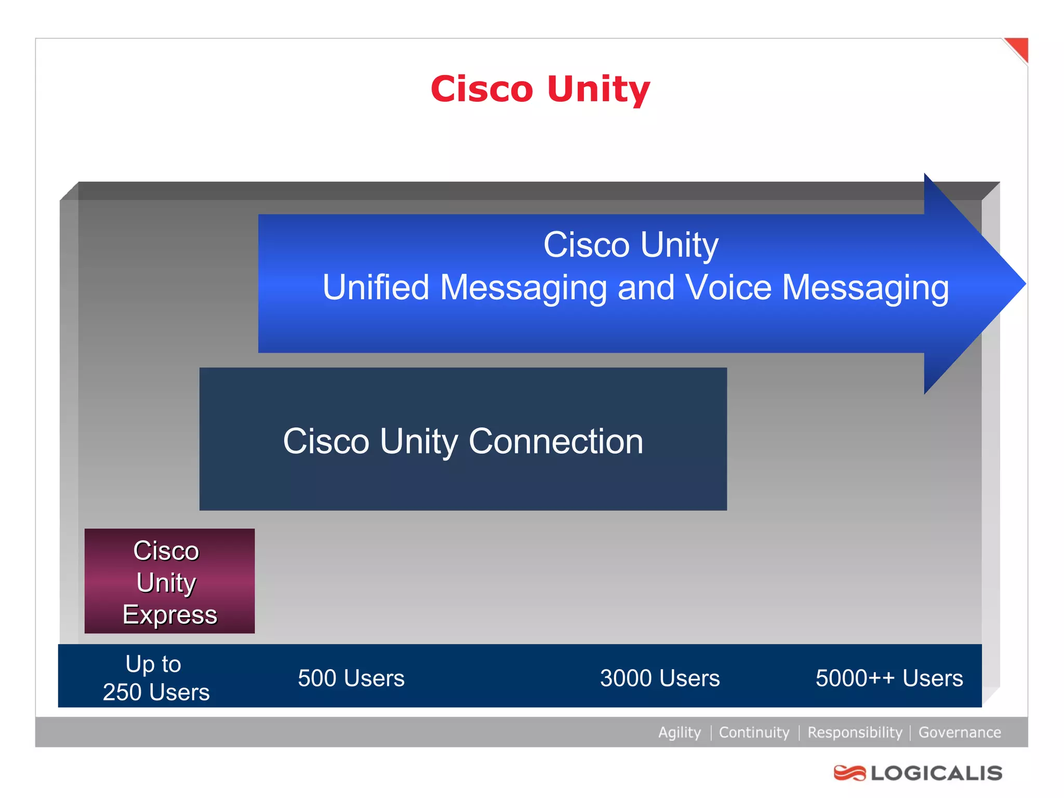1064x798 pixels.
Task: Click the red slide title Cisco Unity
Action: click(x=540, y=89)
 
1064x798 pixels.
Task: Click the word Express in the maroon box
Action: click(x=170, y=615)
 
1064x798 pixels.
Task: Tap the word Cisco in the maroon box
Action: click(x=166, y=551)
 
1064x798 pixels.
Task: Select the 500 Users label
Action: click(x=351, y=678)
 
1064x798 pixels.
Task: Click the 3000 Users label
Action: click(x=660, y=678)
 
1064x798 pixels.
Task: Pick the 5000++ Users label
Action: click(x=889, y=678)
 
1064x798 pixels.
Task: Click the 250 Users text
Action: click(x=156, y=692)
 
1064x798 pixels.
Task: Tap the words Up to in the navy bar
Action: click(x=153, y=664)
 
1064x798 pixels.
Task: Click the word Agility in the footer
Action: click(x=680, y=733)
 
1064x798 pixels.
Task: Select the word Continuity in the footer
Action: click(x=754, y=733)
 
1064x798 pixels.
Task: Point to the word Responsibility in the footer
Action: click(x=855, y=733)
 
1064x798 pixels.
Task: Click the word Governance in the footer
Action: click(x=960, y=733)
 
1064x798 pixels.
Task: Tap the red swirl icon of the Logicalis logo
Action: click(x=849, y=773)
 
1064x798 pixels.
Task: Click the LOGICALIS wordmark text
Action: click(x=937, y=773)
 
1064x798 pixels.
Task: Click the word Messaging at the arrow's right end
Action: click(x=866, y=287)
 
